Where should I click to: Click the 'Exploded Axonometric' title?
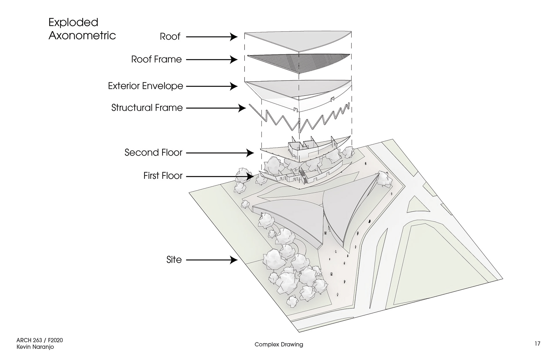[82, 29]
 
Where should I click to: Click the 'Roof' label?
[170, 37]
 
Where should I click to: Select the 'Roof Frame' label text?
[156, 59]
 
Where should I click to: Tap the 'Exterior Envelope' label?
[146, 86]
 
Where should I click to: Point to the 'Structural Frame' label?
[147, 108]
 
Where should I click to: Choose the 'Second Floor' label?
[153, 152]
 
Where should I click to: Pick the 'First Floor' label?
[163, 176]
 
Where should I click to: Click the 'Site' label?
[174, 260]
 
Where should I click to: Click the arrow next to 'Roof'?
[212, 37]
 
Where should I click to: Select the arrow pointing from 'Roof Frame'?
[212, 60]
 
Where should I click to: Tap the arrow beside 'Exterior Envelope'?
[212, 86]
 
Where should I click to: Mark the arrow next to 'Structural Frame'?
[216, 108]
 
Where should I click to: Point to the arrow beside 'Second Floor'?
[220, 153]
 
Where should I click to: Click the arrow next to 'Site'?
[212, 260]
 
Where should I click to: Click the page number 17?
[537, 343]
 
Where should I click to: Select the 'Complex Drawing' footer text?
[279, 344]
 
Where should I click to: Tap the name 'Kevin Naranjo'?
[35, 347]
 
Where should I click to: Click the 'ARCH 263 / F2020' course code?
[39, 340]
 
